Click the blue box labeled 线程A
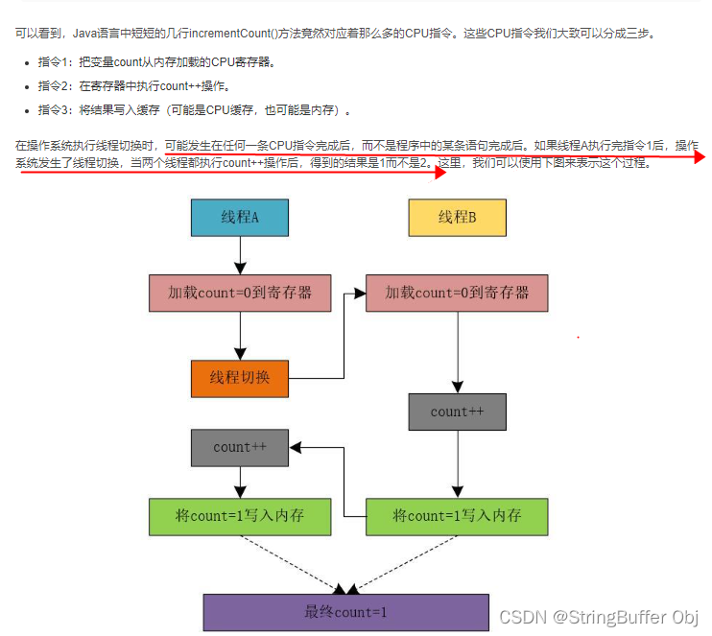(x=240, y=218)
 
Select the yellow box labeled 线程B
(x=457, y=218)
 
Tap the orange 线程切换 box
(x=240, y=377)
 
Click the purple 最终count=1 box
(x=346, y=612)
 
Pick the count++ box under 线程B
(x=457, y=412)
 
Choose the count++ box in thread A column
(x=240, y=447)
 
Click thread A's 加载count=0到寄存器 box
(x=240, y=293)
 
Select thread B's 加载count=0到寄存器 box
(x=457, y=293)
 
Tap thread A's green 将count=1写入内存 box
(x=240, y=516)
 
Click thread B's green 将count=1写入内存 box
(x=457, y=516)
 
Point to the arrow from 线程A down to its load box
(x=240, y=255)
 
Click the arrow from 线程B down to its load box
(x=457, y=255)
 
